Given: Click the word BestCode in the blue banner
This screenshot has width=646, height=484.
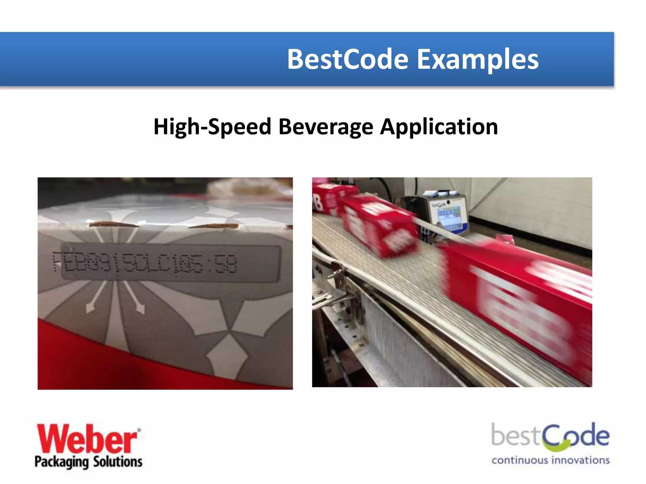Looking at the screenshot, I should tap(348, 59).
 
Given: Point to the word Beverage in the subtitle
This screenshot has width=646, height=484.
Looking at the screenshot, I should tap(326, 127).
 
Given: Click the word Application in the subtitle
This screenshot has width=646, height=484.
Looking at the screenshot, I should tap(439, 127).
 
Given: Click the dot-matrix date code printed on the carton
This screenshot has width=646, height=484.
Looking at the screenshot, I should tap(145, 263).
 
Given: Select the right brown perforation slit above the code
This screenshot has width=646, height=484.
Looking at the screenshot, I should tap(214, 226).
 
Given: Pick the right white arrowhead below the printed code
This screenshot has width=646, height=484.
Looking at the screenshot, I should tap(140, 308).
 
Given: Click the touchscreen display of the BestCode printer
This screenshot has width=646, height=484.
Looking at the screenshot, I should tap(450, 217).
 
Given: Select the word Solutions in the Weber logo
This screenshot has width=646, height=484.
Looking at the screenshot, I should tap(118, 462).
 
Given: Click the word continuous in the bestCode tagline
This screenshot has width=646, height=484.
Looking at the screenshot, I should tap(520, 460).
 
